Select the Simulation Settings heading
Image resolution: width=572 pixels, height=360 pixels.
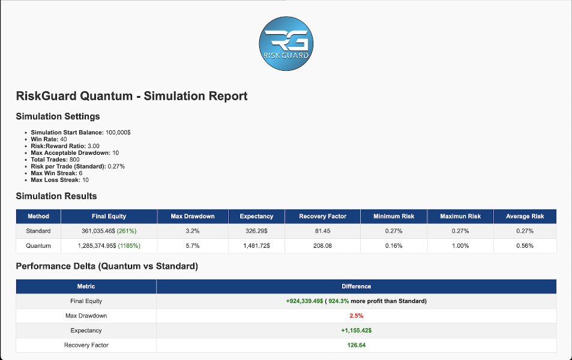(x=58, y=116)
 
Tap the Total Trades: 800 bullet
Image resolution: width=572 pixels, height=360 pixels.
(x=55, y=160)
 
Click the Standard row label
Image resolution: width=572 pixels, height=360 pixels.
(x=38, y=231)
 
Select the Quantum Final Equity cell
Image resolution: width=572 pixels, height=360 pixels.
(x=109, y=245)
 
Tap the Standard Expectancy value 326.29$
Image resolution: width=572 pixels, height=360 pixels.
(x=256, y=231)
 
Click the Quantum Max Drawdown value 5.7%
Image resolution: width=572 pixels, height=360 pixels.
(x=192, y=245)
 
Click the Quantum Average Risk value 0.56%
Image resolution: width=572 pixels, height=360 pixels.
(x=525, y=245)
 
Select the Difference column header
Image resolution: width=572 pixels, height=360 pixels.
(x=357, y=287)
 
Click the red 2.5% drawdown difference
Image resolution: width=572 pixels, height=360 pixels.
(x=357, y=316)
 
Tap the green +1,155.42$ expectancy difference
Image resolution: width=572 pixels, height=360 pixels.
(x=357, y=331)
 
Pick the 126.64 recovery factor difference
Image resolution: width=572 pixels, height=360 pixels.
(x=357, y=345)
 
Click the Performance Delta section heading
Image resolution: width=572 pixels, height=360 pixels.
(x=107, y=266)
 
